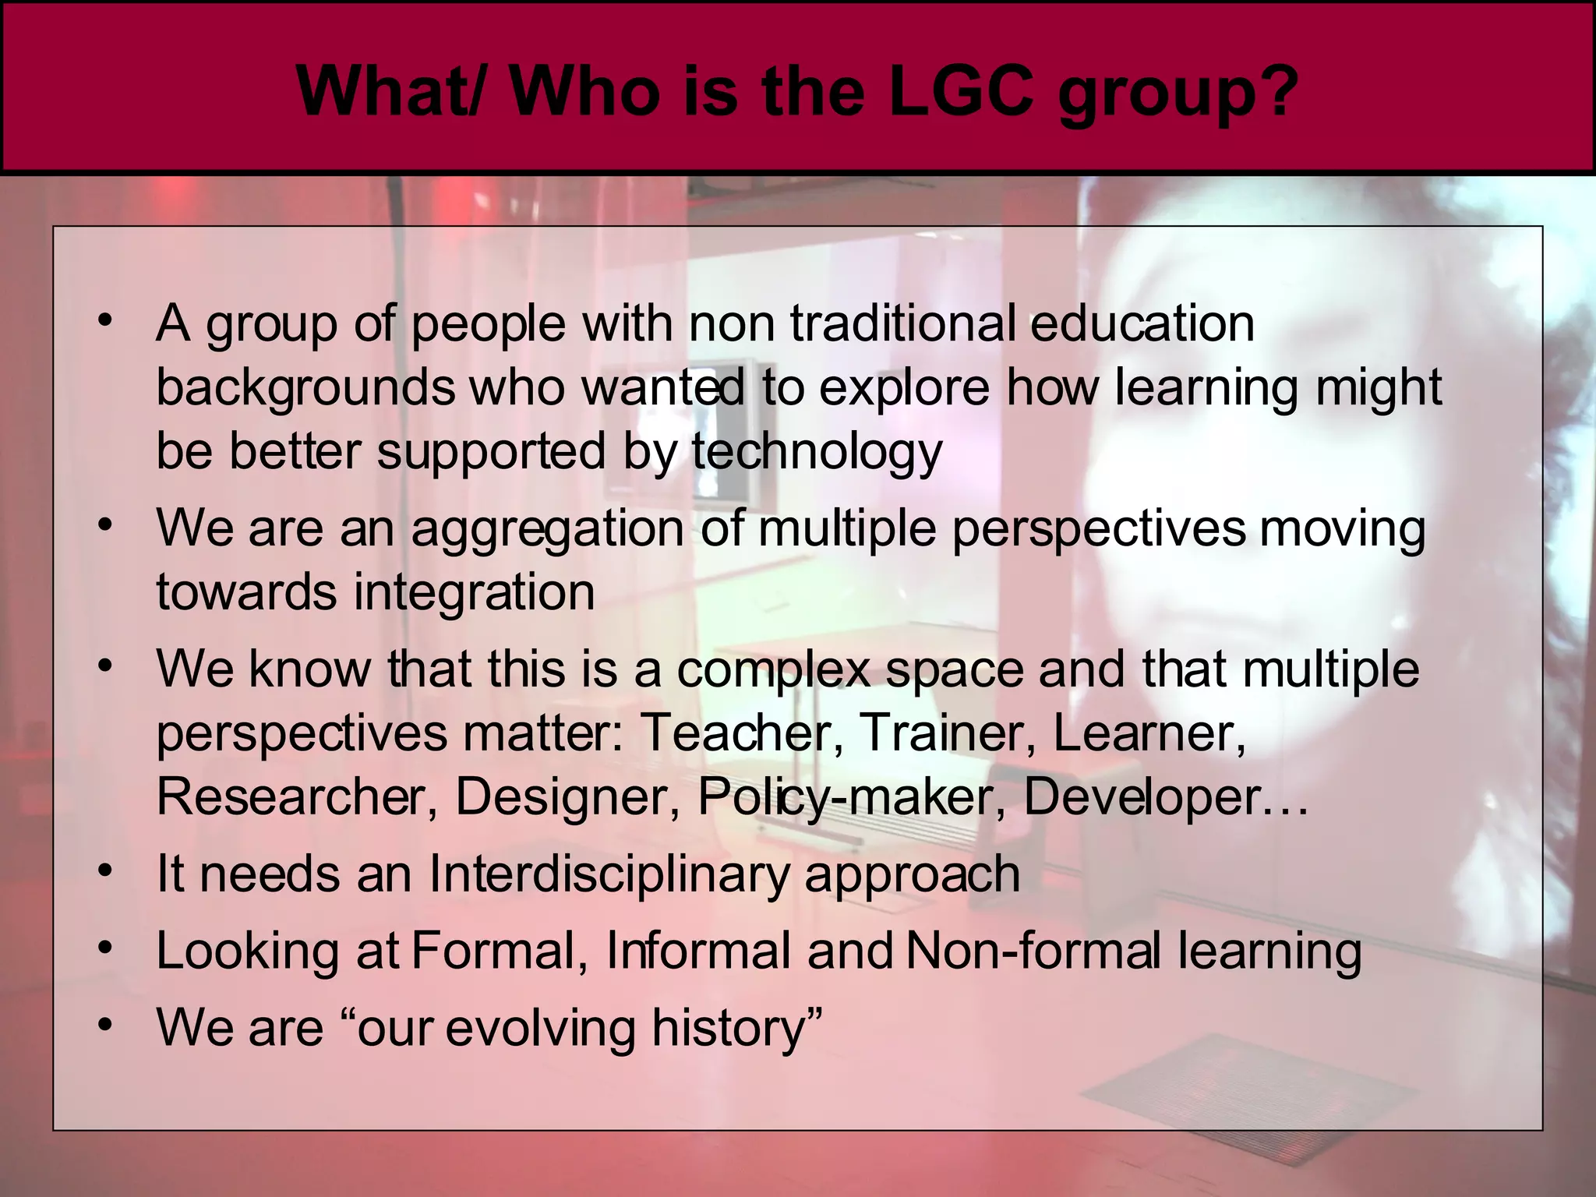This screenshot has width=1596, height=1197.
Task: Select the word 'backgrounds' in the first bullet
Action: click(x=305, y=388)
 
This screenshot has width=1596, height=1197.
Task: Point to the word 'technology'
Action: click(x=817, y=452)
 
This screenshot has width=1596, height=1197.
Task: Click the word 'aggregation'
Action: click(x=548, y=529)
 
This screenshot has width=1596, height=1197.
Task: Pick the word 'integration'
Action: click(x=474, y=593)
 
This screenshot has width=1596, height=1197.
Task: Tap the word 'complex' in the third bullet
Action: click(x=773, y=669)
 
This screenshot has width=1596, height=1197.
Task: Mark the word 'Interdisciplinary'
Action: click(x=609, y=874)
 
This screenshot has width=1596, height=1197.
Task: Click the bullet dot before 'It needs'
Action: click(x=105, y=870)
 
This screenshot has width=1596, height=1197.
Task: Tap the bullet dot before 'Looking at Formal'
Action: click(x=105, y=947)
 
